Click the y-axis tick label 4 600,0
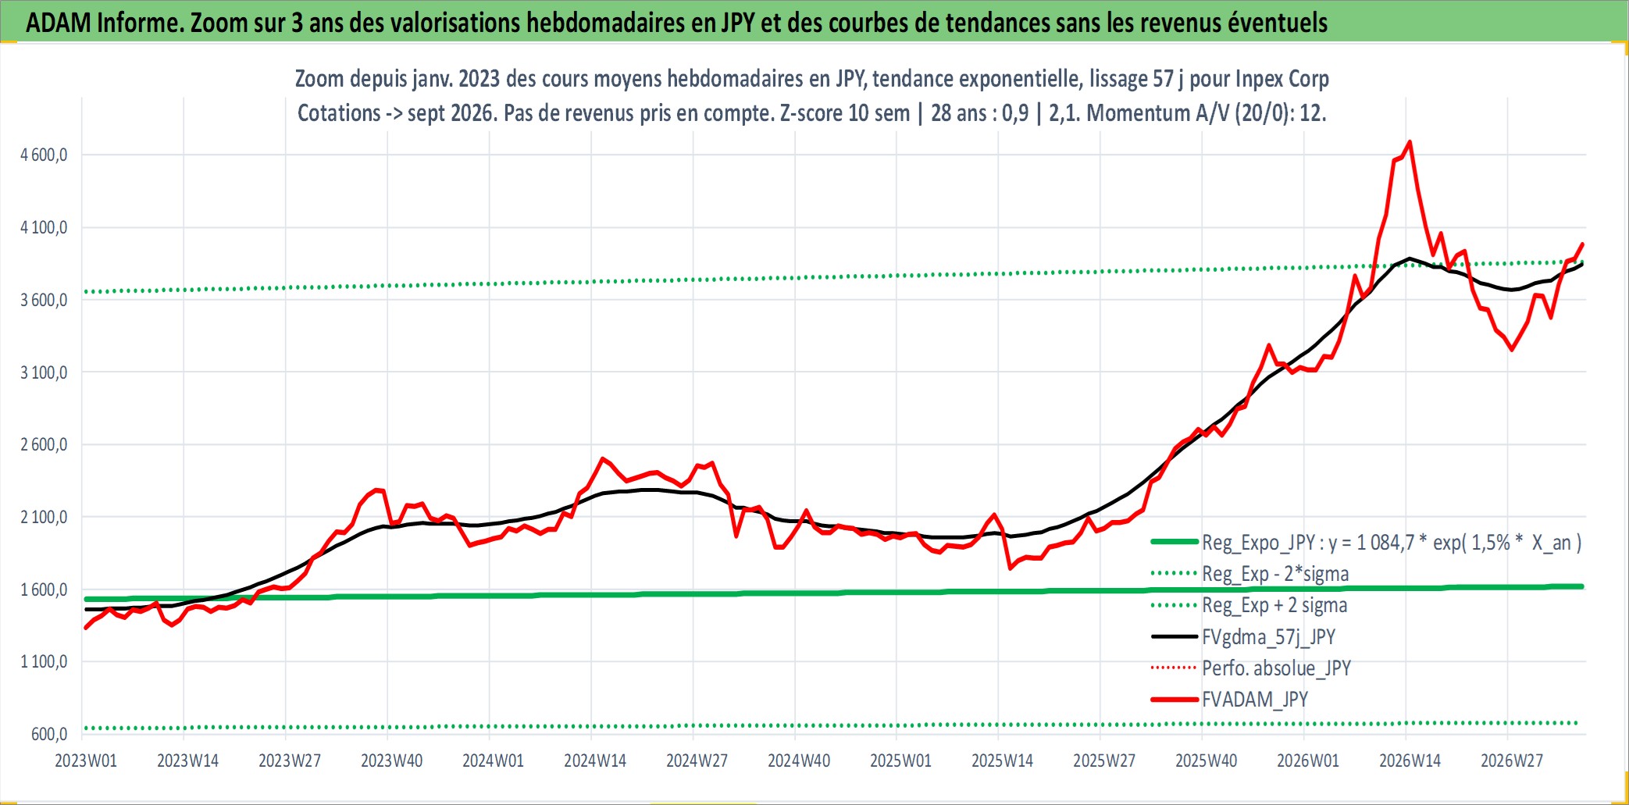point(44,155)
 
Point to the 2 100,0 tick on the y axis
point(44,517)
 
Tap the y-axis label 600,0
point(49,734)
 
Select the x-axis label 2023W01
point(86,760)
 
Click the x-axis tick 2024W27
point(697,760)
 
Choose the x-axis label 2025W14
point(1002,760)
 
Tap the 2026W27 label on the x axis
point(1512,760)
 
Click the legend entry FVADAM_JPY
point(1255,700)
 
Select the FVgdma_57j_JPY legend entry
point(1269,637)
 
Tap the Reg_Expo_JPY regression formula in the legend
point(1392,543)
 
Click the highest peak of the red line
point(1409,142)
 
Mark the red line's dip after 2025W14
point(1010,568)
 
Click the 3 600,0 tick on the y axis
point(44,300)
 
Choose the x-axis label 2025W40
point(1206,760)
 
